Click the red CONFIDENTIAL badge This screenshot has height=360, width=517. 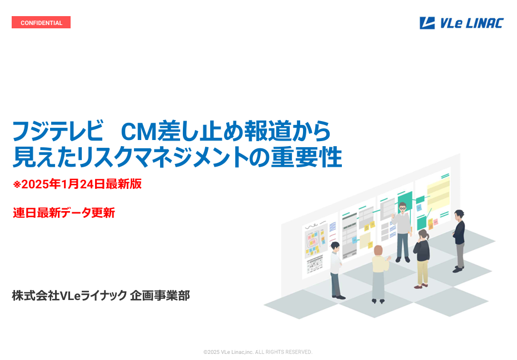point(41,22)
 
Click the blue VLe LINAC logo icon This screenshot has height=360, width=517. point(427,23)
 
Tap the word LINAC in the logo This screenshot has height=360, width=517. point(485,23)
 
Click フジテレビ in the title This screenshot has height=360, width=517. point(58,131)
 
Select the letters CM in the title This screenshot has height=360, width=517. point(138,132)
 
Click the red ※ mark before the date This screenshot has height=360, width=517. point(17,184)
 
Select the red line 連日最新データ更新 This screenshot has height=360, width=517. point(64,213)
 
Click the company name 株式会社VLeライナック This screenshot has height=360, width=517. point(69,296)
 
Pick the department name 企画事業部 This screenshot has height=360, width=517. point(160,296)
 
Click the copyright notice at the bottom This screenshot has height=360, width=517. point(258,352)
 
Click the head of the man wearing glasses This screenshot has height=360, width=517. point(402,207)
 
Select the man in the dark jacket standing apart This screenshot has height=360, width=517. point(459,241)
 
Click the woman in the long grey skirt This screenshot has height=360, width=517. point(379,274)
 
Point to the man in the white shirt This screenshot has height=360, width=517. point(336,270)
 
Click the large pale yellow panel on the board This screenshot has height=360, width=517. point(438,194)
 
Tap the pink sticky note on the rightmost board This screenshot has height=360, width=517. point(436,222)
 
